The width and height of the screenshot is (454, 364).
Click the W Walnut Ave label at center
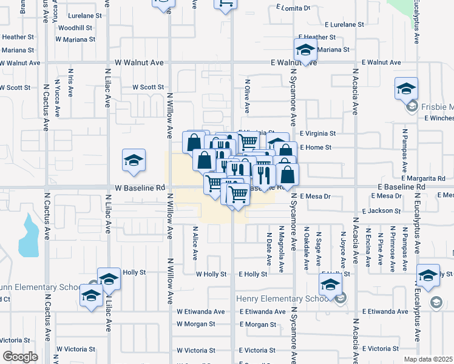coord(140,62)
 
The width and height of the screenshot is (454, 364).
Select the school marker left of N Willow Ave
coord(134,161)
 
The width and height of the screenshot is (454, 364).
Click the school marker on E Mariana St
coord(305,50)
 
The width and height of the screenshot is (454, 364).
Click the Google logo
coord(20,357)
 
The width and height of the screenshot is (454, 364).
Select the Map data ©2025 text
coord(427,359)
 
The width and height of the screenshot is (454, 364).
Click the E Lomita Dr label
coord(293,8)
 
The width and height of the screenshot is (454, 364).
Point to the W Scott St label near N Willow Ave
coord(148,87)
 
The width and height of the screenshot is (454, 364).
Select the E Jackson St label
coord(381,211)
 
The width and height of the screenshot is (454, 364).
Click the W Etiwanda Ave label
coord(200,312)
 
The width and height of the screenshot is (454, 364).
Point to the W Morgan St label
coord(195,324)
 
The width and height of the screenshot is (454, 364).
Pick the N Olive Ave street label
coord(247,95)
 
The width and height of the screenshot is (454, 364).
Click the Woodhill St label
coord(75,28)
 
